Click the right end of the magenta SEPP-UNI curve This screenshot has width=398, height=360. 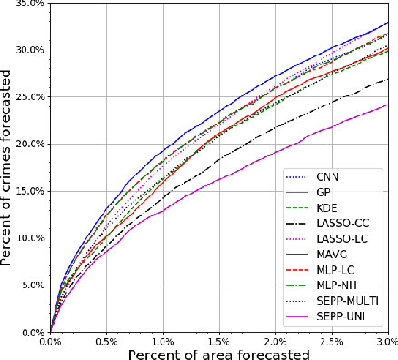[387, 105]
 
